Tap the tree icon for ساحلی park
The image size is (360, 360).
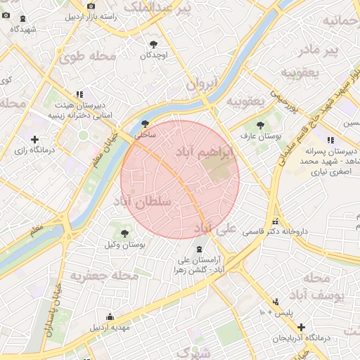pyautogui.click(x=145, y=123)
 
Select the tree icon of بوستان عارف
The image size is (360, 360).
pyautogui.click(x=261, y=124)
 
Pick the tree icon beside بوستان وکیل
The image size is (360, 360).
pyautogui.click(x=124, y=233)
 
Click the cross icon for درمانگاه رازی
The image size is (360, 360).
pyautogui.click(x=34, y=139)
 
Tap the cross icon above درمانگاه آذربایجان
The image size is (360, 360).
pyautogui.click(x=301, y=327)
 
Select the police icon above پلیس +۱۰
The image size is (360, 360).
pyautogui.click(x=274, y=301)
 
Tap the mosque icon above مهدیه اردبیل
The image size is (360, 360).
pyautogui.click(x=109, y=316)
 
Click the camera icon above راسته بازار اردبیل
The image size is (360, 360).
pyautogui.click(x=91, y=6)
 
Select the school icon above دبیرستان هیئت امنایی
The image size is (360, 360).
pyautogui.click(x=79, y=94)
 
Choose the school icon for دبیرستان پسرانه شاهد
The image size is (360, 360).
pyautogui.click(x=329, y=141)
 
